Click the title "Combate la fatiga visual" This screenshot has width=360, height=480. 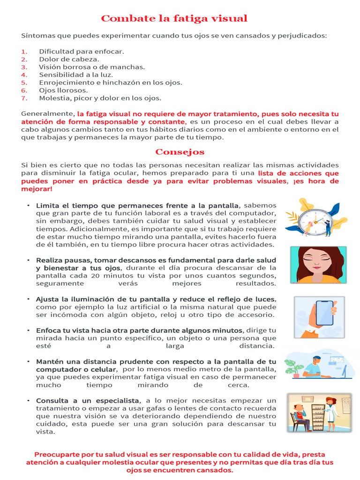click(x=174, y=19)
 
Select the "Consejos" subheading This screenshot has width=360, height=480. click(x=180, y=152)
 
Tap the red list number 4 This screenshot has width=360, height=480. click(x=24, y=75)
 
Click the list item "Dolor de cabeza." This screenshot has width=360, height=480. click(x=69, y=59)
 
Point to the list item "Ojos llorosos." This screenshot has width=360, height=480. click(x=63, y=90)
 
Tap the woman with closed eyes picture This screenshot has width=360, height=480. click(x=318, y=264)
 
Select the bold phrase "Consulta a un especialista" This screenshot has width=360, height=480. click(x=88, y=400)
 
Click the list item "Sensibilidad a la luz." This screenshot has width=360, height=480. click(x=76, y=75)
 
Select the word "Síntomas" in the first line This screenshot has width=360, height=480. click(x=36, y=36)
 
